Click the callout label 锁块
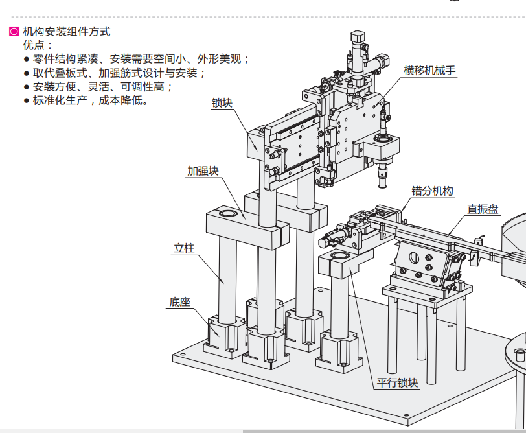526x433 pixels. coord(222,102)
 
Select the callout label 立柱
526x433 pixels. coord(185,248)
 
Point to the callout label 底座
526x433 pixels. coord(180,302)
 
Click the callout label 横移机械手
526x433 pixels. coord(431,70)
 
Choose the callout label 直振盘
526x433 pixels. coord(483,209)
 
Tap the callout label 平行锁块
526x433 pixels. coord(398,382)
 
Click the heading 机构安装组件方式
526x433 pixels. coord(67,30)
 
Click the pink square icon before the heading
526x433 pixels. coord(14,31)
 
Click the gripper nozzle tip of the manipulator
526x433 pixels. coord(383,182)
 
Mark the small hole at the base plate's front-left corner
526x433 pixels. coord(183,355)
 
